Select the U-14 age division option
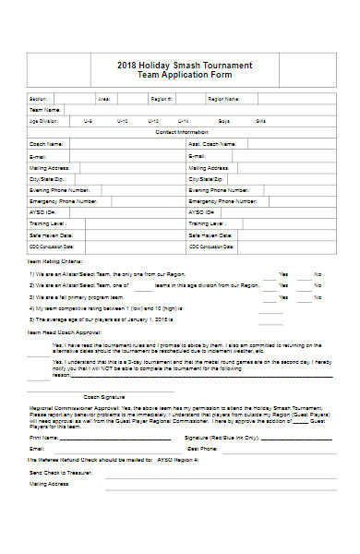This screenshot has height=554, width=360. (184, 121)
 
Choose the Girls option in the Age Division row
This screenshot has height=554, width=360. (260, 121)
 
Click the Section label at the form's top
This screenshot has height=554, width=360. (38, 98)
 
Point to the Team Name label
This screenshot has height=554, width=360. (42, 109)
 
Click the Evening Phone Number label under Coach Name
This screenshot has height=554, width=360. (61, 189)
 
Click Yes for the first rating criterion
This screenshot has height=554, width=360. (283, 274)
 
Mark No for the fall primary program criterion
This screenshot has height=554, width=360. (318, 297)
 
